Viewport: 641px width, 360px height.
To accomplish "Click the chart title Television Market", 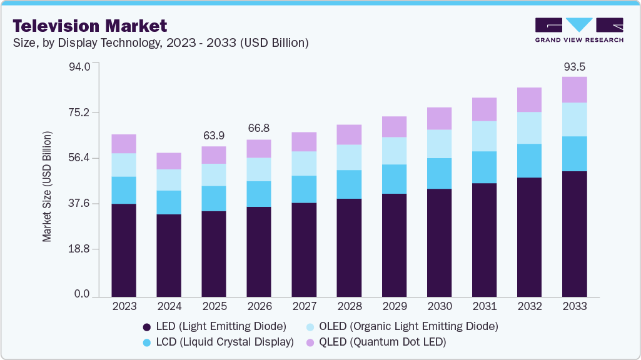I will tap(90, 26).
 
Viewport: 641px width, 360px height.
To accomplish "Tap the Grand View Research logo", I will tap(578, 29).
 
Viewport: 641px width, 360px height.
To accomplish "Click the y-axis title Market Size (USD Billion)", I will tap(47, 187).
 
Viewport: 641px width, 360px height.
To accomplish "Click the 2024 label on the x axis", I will tap(169, 306).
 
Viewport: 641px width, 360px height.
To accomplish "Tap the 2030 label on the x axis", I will tap(439, 306).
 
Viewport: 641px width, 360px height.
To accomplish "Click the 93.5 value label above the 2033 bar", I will tap(574, 66).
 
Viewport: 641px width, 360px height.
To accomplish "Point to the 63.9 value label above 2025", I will tap(214, 136).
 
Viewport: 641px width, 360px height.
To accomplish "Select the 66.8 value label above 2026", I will tap(259, 128).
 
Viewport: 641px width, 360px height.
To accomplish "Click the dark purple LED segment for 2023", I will tap(124, 250).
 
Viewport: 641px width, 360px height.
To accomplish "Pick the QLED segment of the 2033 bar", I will tap(574, 89).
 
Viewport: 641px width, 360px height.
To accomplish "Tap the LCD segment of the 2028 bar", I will tap(349, 184).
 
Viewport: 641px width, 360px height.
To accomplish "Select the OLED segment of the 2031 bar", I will tap(484, 136).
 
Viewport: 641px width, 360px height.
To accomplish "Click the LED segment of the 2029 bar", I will tap(394, 245).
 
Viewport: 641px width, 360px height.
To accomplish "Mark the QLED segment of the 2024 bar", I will tap(169, 161).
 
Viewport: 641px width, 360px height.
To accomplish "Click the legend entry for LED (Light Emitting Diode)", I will tap(215, 326).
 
